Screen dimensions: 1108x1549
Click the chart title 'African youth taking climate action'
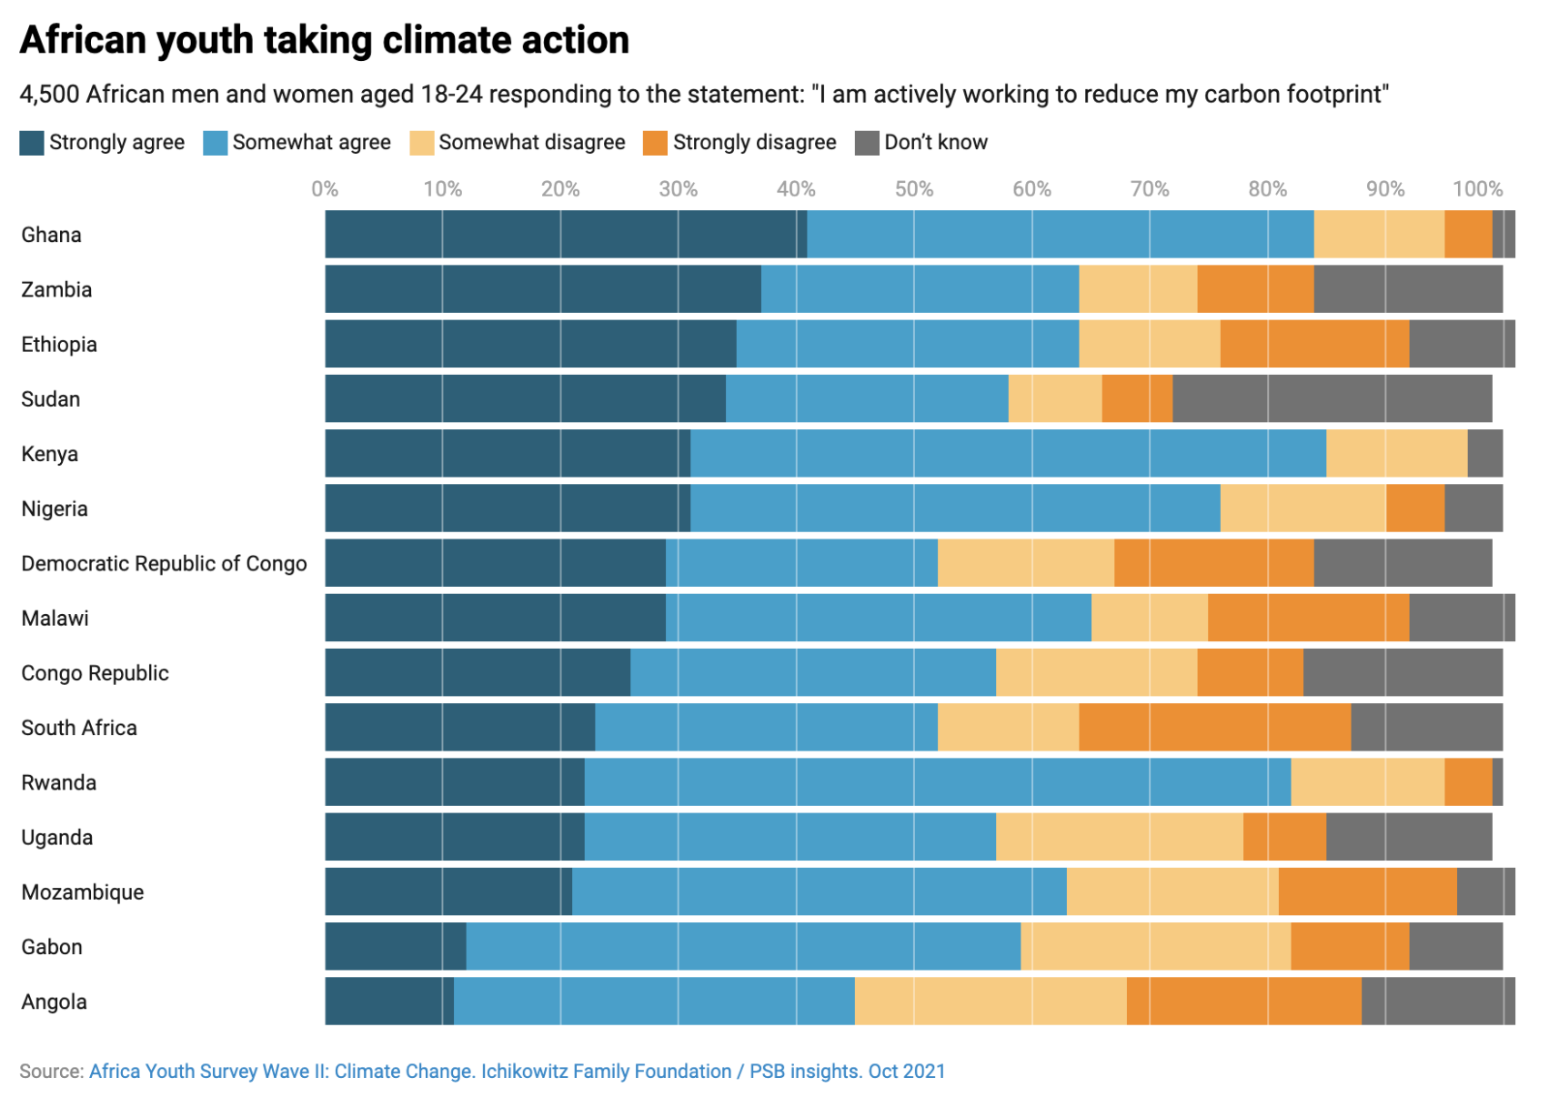(324, 41)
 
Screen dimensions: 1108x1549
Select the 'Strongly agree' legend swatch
(32, 143)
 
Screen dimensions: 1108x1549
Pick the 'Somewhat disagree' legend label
(531, 143)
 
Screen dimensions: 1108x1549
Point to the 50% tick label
(913, 189)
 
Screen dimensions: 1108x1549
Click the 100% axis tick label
(1476, 189)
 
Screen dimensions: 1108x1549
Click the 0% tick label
(325, 189)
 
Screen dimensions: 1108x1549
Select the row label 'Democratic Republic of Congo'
(164, 564)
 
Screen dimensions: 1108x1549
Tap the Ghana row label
(52, 236)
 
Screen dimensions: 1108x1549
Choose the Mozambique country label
(83, 892)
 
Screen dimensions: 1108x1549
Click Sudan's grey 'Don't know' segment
(1332, 398)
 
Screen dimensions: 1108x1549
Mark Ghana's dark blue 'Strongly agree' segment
(565, 235)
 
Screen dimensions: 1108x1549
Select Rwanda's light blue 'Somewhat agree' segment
(937, 782)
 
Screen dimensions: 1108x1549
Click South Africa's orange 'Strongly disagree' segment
(1214, 728)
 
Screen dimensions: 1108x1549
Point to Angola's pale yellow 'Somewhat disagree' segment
(990, 1002)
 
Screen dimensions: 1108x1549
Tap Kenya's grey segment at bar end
(1484, 454)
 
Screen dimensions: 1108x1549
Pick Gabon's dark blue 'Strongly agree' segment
(396, 947)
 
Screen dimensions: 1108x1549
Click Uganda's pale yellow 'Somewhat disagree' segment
(1119, 837)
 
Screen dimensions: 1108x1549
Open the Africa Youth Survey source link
(517, 1072)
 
